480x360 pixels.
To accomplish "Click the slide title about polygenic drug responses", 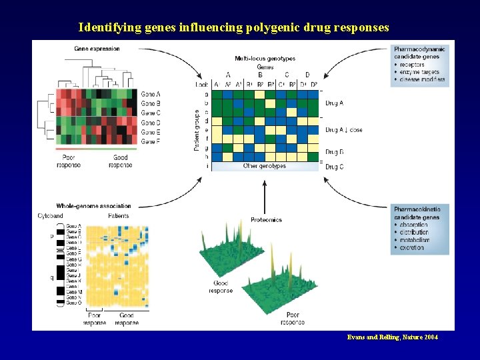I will [233, 27].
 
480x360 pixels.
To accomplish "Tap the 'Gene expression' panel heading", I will [97, 49].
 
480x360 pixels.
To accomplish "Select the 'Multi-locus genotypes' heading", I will [265, 59].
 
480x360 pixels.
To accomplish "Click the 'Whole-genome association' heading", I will [93, 206].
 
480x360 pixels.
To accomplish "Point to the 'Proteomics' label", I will [266, 219].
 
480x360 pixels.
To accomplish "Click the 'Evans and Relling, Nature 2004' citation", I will [393, 337].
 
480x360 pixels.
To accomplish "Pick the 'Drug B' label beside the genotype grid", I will [334, 152].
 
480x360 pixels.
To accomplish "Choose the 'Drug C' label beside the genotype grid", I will [334, 166].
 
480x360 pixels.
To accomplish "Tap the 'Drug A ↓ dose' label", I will [343, 129].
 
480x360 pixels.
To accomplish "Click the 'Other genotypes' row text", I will [265, 166].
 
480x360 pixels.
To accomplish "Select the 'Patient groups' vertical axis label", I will [197, 130].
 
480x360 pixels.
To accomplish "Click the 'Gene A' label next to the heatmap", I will [151, 94].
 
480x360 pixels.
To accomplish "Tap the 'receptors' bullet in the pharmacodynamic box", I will [412, 65].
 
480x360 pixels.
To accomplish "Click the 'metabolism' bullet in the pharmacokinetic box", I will [415, 240].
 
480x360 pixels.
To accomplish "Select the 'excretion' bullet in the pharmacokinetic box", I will [412, 247].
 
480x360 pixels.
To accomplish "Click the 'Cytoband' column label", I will [51, 216].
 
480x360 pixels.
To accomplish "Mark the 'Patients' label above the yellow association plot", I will [118, 216].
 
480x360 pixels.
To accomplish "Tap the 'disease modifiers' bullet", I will [422, 79].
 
